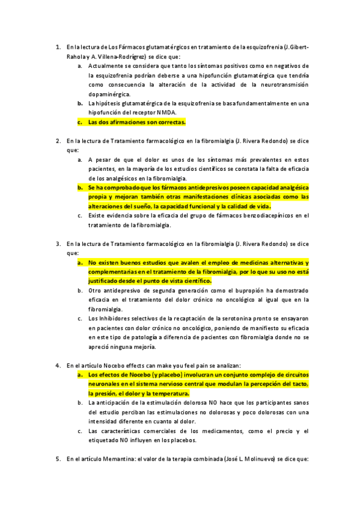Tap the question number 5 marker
coord(58,459)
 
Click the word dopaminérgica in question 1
coord(109,94)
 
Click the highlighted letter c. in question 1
coord(80,122)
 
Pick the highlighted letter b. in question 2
coord(80,187)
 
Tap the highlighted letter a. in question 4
coord(80,374)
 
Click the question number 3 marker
coord(58,244)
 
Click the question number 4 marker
coord(58,365)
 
